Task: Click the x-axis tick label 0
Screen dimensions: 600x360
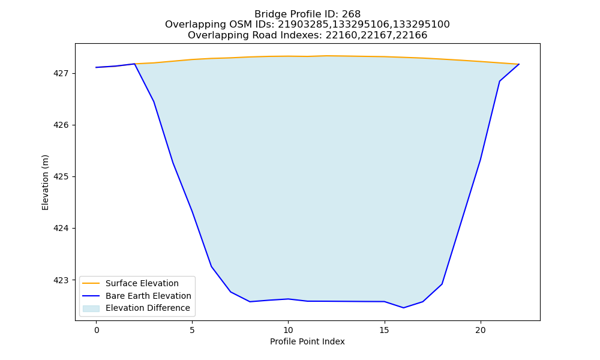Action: pos(97,330)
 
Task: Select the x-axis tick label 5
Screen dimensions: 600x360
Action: pos(192,330)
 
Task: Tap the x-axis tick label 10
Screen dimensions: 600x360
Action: pos(288,330)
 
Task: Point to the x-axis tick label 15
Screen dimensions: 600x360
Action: pos(384,330)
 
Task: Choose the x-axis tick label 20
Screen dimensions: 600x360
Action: pos(480,330)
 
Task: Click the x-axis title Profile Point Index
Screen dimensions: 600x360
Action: pos(307,341)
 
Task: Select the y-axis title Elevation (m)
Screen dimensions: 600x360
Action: pos(45,182)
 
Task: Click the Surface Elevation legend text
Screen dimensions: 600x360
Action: pos(142,283)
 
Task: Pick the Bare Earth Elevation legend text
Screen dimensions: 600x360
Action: pos(148,296)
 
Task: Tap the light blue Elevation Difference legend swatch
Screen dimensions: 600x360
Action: pos(91,308)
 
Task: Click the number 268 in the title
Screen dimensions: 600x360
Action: pos(351,14)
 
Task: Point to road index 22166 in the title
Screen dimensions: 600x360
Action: pos(412,35)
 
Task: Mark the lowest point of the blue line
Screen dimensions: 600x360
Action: pos(403,308)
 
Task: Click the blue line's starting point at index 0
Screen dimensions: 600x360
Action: pos(96,67)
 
